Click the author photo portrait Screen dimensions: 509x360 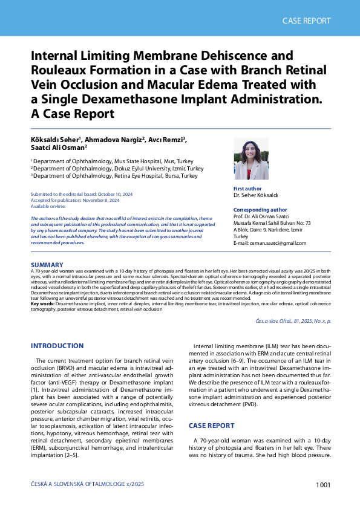[x=250, y=160]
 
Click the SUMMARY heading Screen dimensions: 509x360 [x=47, y=265]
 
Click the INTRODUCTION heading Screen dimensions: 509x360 [x=57, y=346]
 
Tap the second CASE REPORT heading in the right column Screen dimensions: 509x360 [x=211, y=426]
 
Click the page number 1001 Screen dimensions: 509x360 [x=322, y=485]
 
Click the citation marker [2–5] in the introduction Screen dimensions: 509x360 [x=85, y=455]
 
